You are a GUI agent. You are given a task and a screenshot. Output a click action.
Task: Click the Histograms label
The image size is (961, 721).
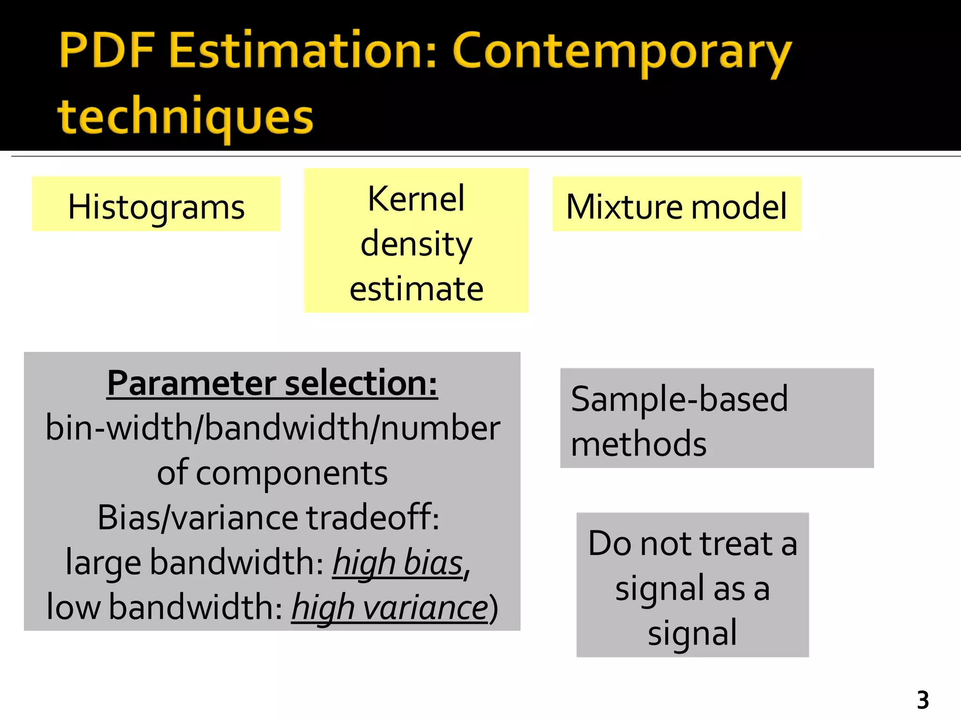156,207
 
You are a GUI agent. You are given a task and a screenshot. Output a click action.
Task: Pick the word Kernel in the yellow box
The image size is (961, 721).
416,199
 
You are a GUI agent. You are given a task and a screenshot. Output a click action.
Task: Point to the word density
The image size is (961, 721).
416,244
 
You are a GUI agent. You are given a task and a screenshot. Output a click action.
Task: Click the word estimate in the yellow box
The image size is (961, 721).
416,289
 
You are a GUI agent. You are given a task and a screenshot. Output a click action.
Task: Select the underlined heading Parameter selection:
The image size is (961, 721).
272,384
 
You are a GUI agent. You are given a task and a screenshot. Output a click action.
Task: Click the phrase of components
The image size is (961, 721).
272,473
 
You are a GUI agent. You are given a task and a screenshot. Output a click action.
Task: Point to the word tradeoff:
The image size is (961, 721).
373,517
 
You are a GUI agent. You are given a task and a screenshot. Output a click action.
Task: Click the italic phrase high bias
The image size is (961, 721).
398,562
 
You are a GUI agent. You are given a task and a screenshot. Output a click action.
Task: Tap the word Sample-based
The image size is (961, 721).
679,399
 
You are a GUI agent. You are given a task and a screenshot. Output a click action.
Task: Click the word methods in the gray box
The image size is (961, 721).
639,444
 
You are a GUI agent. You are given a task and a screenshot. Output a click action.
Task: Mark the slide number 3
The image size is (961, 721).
923,700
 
